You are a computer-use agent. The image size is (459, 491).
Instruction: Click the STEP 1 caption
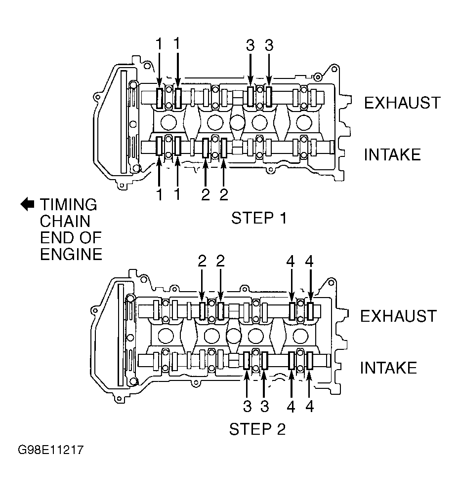pyautogui.click(x=259, y=218)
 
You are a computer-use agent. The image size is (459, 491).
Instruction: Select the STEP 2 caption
pyautogui.click(x=257, y=429)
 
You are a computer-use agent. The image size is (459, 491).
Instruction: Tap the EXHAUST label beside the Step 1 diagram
pyautogui.click(x=402, y=103)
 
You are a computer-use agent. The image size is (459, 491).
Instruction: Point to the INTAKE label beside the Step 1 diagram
pyautogui.click(x=392, y=154)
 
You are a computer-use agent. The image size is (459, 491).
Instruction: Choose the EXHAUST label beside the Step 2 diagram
pyautogui.click(x=399, y=316)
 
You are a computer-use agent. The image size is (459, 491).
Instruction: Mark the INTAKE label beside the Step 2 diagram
pyautogui.click(x=388, y=368)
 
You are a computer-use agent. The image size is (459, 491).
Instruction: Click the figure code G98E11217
pyautogui.click(x=51, y=450)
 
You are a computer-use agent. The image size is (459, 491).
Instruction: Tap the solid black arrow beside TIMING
pyautogui.click(x=27, y=204)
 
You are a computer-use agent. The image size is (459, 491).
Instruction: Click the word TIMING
pyautogui.click(x=68, y=204)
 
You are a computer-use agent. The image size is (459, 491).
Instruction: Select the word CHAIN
pyautogui.click(x=65, y=221)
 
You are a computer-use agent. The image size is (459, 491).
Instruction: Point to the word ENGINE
pyautogui.click(x=71, y=254)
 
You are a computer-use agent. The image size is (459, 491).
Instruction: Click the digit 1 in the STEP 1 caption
pyautogui.click(x=283, y=218)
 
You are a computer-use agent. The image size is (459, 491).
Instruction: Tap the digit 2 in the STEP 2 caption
pyautogui.click(x=281, y=429)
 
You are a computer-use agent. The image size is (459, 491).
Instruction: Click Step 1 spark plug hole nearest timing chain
pyautogui.click(x=168, y=122)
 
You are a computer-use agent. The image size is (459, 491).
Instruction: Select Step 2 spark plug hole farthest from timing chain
pyautogui.click(x=300, y=336)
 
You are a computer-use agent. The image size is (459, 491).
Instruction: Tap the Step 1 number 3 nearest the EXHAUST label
pyautogui.click(x=269, y=45)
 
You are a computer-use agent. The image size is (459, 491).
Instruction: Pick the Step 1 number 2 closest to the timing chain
pyautogui.click(x=206, y=195)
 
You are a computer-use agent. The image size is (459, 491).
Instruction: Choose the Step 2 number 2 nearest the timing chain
pyautogui.click(x=202, y=261)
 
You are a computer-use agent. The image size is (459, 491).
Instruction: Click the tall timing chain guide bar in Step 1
pyautogui.click(x=124, y=121)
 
